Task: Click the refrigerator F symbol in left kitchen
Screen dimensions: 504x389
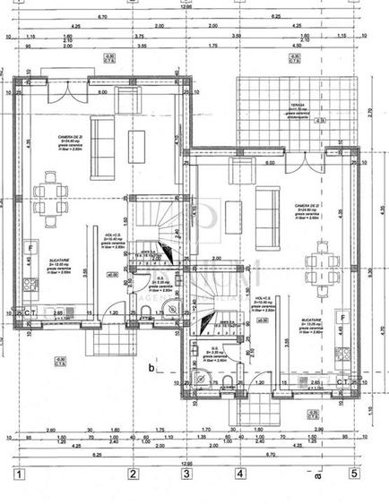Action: pos(30,247)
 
